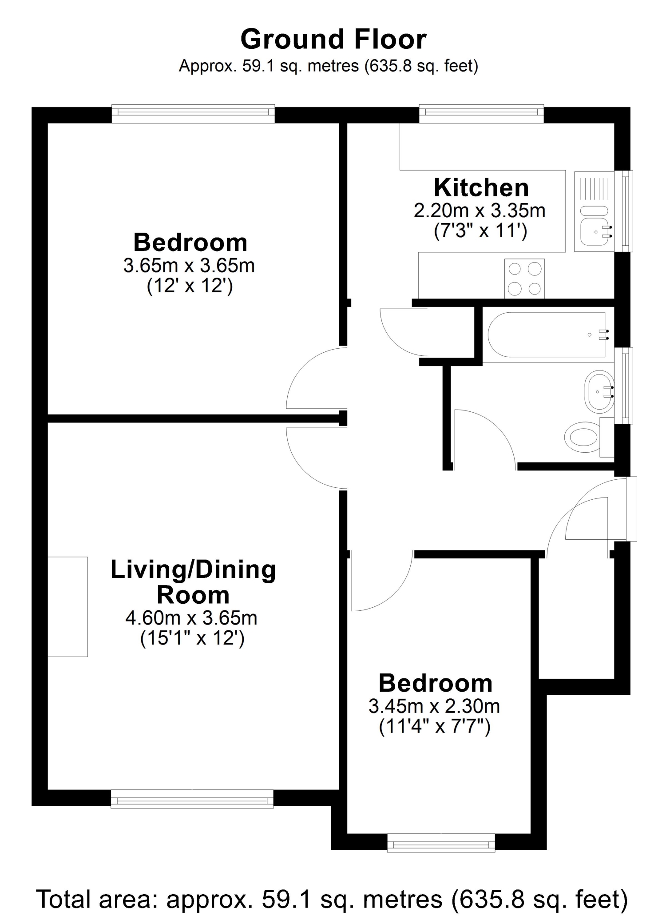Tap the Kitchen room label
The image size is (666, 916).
tap(481, 187)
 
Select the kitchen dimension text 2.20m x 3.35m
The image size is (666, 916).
tap(480, 211)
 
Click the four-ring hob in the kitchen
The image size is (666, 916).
tap(524, 279)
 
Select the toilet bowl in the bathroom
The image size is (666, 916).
tap(582, 437)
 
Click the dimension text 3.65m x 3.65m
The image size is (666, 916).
tap(189, 266)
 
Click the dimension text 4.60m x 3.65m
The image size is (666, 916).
tap(191, 618)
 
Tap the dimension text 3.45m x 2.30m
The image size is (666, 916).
tap(434, 706)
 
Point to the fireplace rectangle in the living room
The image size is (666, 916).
tap(67, 606)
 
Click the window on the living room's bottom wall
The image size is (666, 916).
tap(192, 798)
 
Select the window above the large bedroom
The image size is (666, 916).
tap(193, 114)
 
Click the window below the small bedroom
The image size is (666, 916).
tap(441, 843)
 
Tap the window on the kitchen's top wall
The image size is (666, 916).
tap(481, 114)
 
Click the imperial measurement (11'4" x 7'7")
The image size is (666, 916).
tap(435, 727)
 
